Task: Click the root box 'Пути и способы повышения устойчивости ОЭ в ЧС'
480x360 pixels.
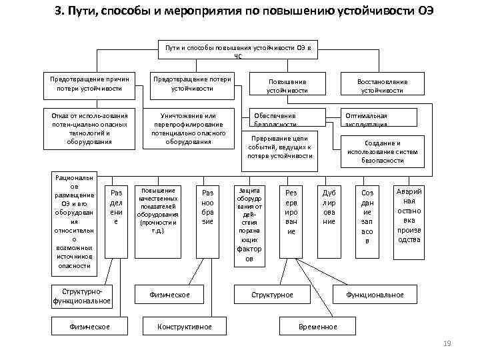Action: (237, 51)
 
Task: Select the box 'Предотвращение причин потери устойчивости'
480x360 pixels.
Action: (89, 83)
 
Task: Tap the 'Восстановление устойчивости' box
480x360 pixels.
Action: (382, 86)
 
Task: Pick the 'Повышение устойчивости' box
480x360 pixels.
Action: (287, 86)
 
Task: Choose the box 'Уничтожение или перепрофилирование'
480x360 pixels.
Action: (192, 127)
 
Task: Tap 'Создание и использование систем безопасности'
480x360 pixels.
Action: (382, 151)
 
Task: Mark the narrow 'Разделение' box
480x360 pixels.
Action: (116, 207)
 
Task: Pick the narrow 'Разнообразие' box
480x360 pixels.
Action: (207, 207)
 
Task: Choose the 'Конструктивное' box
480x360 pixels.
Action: (183, 327)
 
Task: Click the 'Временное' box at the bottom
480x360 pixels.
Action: (317, 327)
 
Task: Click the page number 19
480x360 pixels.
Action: (447, 343)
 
